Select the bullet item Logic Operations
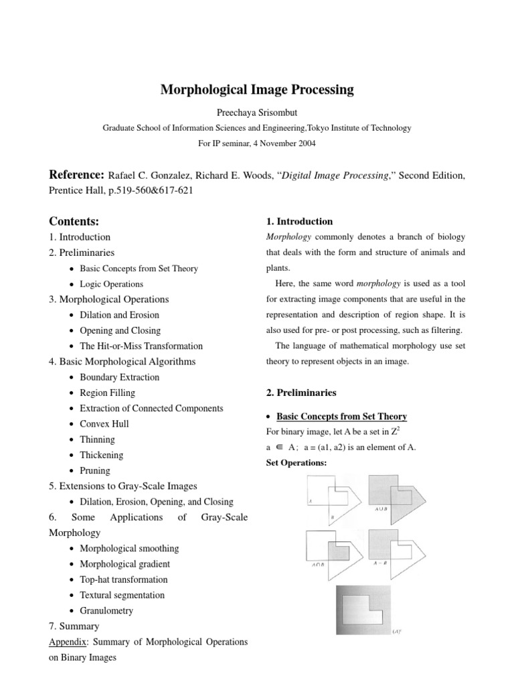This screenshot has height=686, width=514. point(111,284)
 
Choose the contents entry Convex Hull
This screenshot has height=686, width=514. point(104,424)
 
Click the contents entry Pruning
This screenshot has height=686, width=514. point(96,471)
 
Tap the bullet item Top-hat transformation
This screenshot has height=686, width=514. point(123,579)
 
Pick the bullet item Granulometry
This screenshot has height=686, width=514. point(106,610)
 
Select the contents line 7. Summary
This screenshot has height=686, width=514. point(74,626)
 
